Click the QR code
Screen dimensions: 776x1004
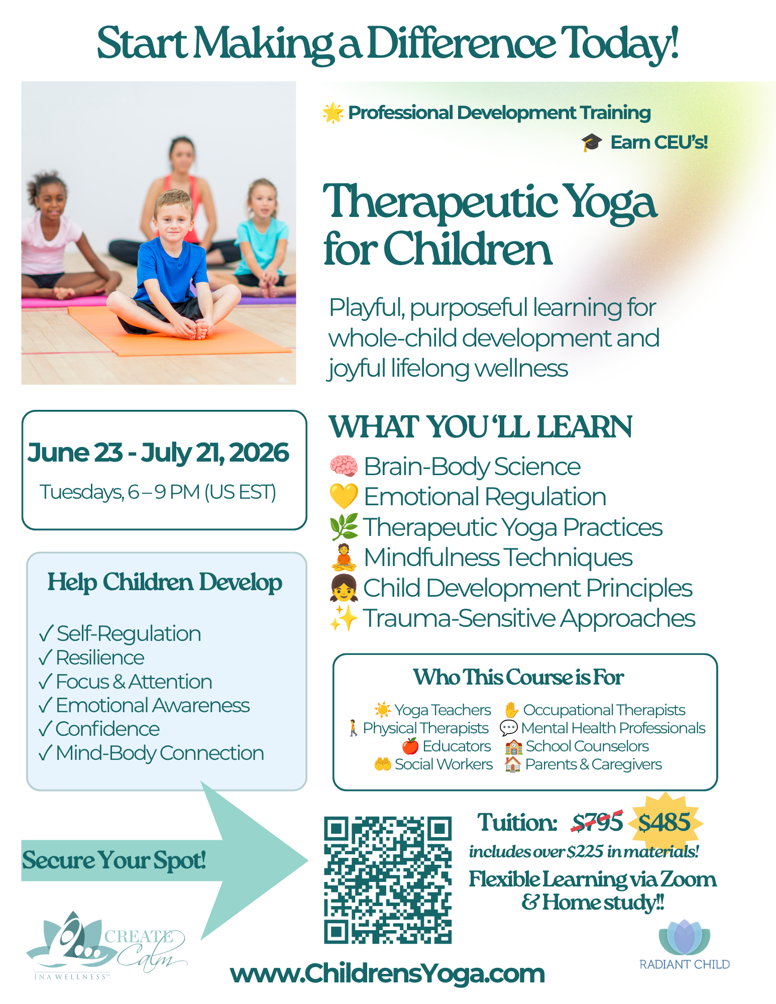[x=387, y=879]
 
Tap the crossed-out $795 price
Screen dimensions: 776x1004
[x=597, y=822]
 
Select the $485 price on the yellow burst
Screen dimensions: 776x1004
[x=664, y=822]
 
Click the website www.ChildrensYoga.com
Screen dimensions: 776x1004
[x=387, y=973]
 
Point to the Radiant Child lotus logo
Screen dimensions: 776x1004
[x=684, y=944]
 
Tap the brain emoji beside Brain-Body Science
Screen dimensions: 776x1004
[x=344, y=466]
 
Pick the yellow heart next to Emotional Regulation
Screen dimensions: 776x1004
[x=344, y=496]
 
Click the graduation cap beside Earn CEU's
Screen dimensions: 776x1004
[x=592, y=142]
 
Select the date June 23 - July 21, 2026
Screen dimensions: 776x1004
[x=158, y=453]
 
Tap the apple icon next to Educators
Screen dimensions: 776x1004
[x=410, y=746]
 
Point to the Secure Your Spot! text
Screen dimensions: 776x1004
[x=114, y=860]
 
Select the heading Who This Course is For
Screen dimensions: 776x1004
[x=518, y=677]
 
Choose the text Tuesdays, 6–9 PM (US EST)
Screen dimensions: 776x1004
[x=158, y=492]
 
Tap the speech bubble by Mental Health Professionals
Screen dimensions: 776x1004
[x=509, y=728]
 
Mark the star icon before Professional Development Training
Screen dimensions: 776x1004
[x=333, y=113]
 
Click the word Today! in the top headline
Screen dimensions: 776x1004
[x=620, y=44]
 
